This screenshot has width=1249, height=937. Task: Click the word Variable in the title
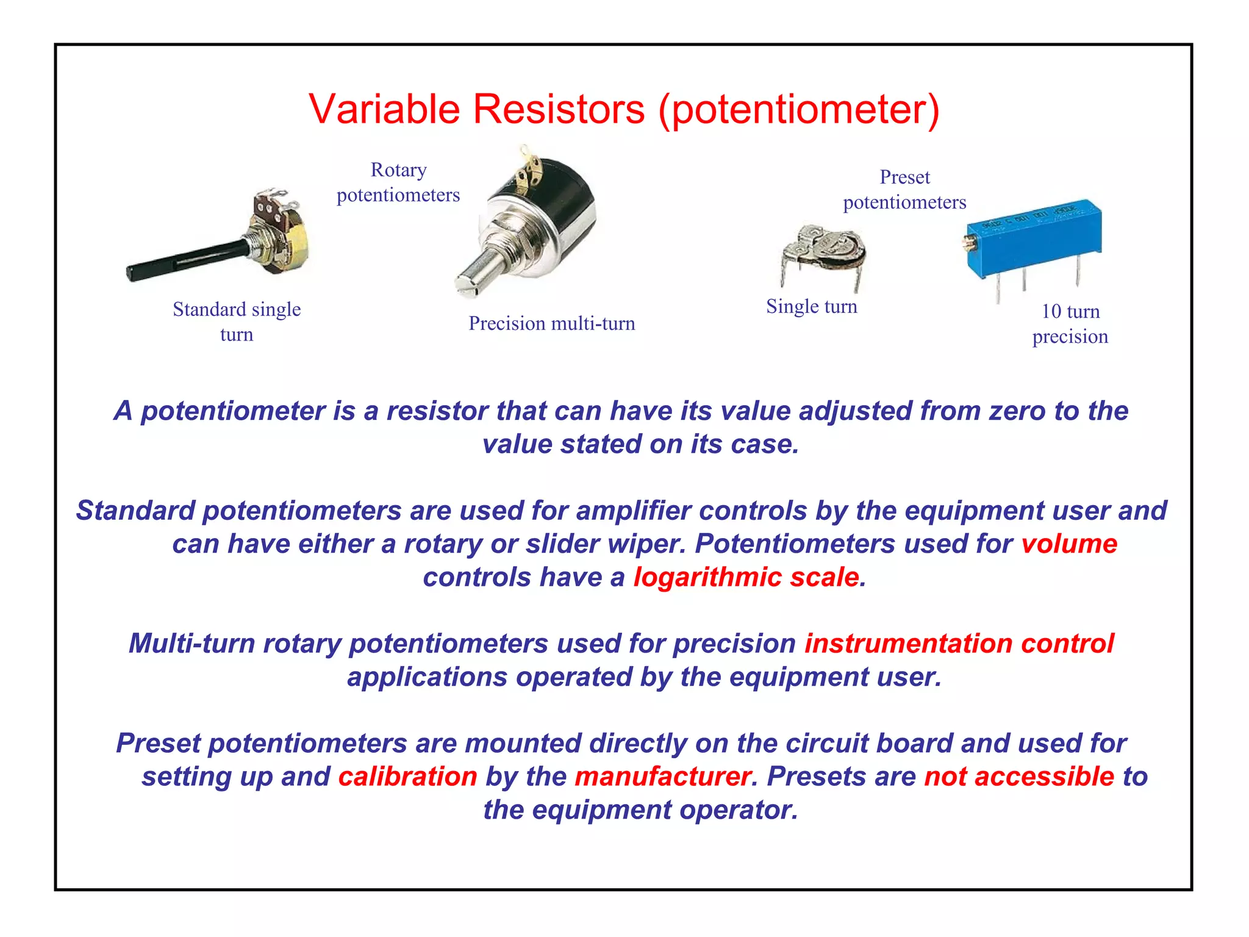point(384,110)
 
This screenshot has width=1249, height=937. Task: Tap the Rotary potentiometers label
point(398,182)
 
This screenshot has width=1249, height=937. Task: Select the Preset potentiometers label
point(904,190)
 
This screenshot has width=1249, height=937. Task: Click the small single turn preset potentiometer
point(823,253)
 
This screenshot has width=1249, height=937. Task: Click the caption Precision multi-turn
point(551,323)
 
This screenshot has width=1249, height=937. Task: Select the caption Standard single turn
point(237,321)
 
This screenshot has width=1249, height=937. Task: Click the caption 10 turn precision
point(1070,324)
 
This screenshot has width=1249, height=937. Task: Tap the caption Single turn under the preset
point(811,306)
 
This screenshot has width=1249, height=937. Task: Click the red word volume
point(1069,544)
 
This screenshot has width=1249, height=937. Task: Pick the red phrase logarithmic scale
point(746,578)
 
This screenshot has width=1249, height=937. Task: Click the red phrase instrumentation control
point(959,644)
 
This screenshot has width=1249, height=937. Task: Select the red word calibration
point(407,777)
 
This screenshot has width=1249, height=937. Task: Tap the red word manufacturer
point(662,777)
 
